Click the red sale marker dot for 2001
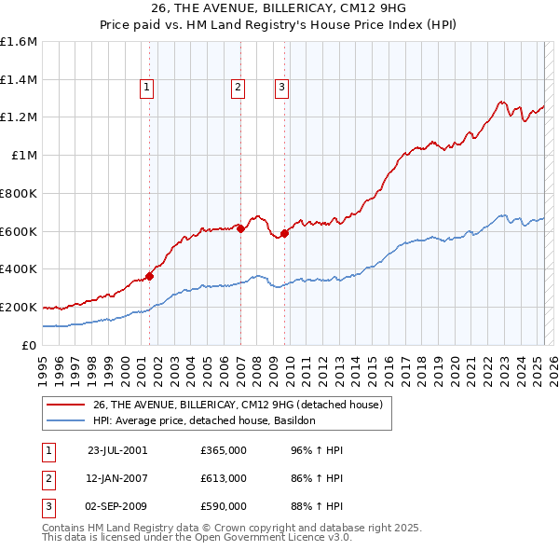[149, 275]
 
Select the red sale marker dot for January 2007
[240, 227]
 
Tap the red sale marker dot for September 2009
[284, 233]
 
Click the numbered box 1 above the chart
[148, 89]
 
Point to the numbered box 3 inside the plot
[281, 89]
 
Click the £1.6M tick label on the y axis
[19, 42]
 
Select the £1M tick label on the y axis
[24, 156]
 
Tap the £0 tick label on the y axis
[30, 345]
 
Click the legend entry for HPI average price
[204, 420]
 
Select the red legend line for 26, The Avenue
[66, 405]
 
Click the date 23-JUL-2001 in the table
[117, 450]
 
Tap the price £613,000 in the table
[224, 478]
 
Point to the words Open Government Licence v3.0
[269, 538]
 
